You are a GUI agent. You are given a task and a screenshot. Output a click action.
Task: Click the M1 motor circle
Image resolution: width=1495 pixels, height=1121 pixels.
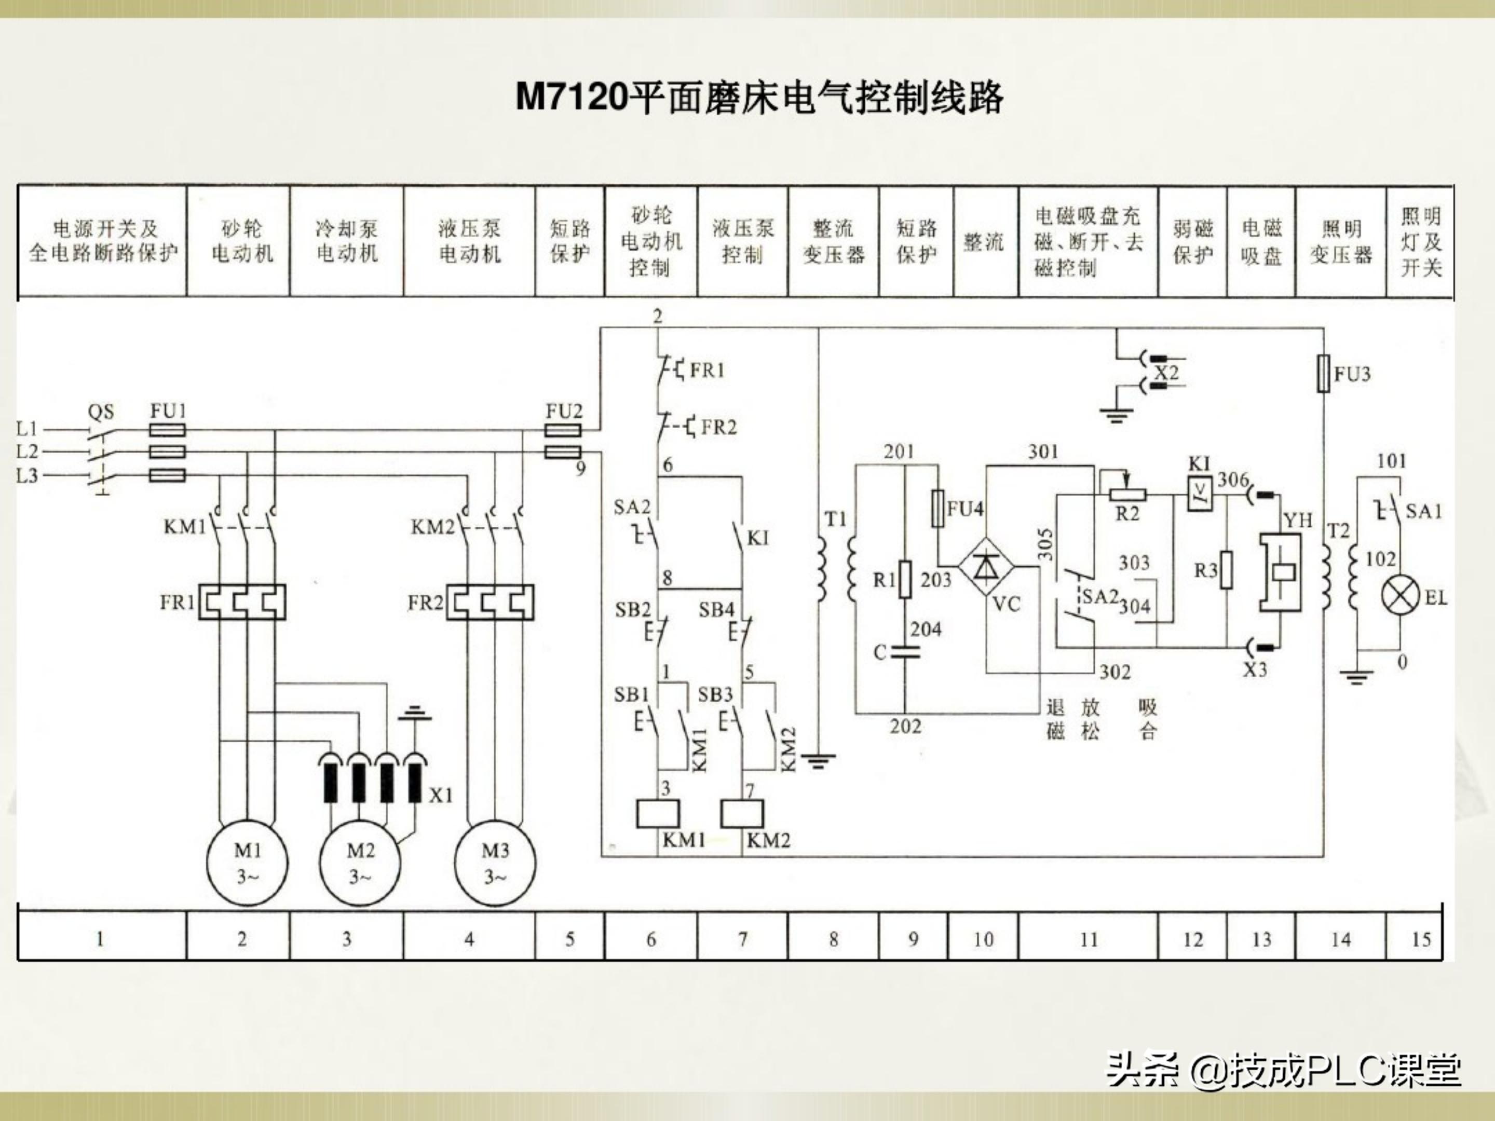[x=248, y=864]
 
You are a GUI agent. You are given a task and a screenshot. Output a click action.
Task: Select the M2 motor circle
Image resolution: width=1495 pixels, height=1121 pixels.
[x=360, y=864]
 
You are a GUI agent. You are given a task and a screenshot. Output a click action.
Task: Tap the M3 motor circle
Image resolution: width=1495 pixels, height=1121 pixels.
[x=495, y=864]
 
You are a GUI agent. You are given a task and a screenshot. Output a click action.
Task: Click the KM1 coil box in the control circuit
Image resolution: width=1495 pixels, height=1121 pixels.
[x=658, y=814]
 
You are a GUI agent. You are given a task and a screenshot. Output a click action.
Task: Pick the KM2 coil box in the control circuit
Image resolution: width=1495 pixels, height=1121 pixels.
[x=742, y=814]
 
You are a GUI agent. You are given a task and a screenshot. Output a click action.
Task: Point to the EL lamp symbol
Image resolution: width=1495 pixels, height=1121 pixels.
[x=1399, y=597]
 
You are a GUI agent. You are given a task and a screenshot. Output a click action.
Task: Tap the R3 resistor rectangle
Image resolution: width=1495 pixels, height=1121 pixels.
[x=1226, y=570]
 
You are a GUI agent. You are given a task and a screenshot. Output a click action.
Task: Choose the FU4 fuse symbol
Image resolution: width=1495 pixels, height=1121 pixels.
[x=938, y=508]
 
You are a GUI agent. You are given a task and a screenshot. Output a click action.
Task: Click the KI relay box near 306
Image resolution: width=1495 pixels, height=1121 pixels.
[x=1199, y=495]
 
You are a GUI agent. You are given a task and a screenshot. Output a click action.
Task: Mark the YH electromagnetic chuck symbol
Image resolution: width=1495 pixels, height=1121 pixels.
[x=1280, y=571]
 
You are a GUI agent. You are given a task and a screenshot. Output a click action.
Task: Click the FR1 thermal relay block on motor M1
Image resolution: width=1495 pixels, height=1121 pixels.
[x=242, y=602]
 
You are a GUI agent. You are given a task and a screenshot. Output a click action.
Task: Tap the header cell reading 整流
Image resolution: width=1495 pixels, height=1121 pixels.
[x=985, y=242]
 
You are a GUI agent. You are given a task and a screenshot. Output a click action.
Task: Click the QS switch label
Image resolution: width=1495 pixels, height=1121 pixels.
[x=101, y=412]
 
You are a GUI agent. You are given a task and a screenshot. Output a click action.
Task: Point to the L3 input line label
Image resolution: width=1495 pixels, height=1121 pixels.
[x=27, y=476]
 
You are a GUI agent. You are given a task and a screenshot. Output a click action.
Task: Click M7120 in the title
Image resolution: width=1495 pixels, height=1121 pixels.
[x=572, y=97]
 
